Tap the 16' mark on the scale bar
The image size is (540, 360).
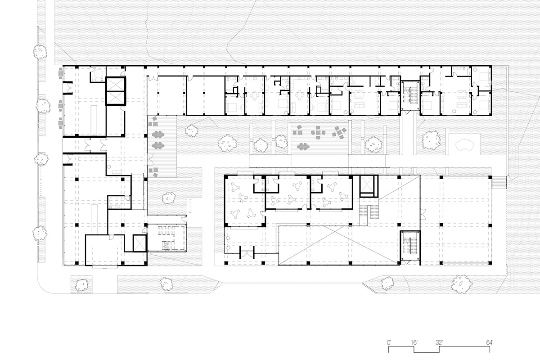pos(414,342)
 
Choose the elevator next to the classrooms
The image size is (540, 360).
pos(368,184)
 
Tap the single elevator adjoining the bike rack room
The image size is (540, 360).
pos(137,243)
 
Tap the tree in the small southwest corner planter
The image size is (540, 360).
pos(82,284)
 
